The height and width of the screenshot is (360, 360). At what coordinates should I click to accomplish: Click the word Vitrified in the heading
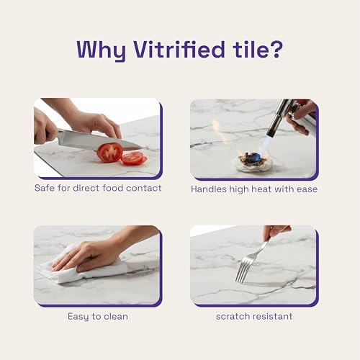point(179,50)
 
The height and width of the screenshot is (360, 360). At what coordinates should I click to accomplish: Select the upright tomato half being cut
point(110,153)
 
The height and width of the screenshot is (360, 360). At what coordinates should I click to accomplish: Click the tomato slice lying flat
point(135,158)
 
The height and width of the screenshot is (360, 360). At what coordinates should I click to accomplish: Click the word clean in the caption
point(116,316)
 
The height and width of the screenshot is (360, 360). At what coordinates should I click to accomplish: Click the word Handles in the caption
point(209,189)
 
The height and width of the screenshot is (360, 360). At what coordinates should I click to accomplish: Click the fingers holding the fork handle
point(276,233)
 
